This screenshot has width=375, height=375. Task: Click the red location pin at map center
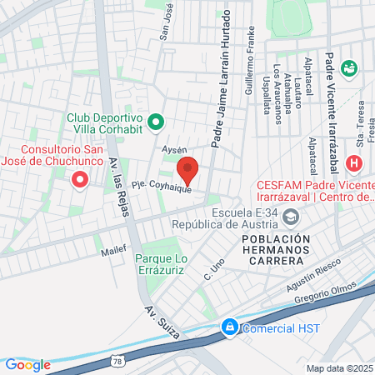[x=187, y=169]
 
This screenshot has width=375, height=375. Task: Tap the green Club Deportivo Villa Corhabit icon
[x=155, y=123]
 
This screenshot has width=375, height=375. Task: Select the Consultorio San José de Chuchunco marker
[x=80, y=179]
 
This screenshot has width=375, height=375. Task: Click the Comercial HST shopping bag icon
[x=228, y=327]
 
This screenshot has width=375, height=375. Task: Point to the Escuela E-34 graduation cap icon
[x=291, y=217]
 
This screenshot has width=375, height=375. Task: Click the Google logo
[x=27, y=364]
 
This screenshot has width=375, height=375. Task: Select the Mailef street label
[x=111, y=249]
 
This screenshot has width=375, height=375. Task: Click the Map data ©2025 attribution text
[x=339, y=367]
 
